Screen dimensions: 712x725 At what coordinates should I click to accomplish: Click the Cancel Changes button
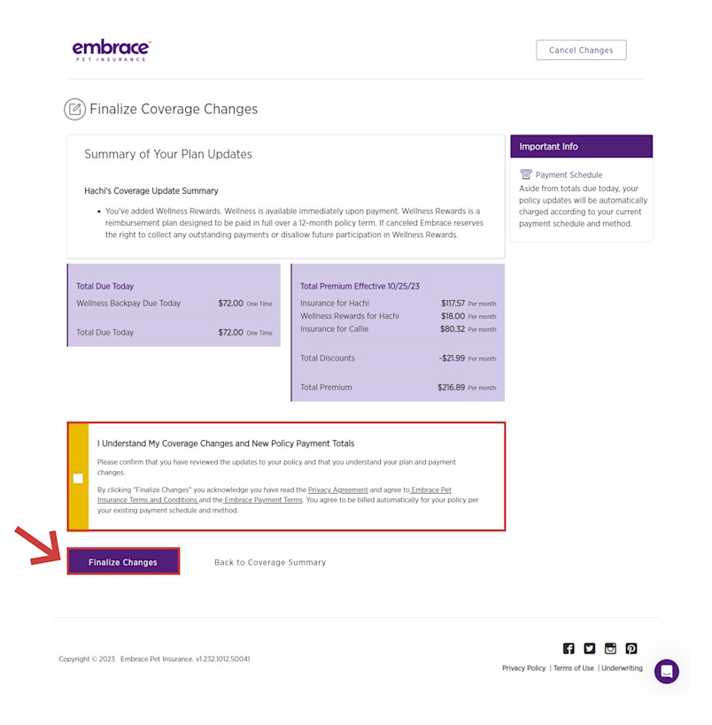[581, 50]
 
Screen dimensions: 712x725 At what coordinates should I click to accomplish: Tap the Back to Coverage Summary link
[270, 562]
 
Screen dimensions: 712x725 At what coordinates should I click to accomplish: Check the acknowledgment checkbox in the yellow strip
[78, 479]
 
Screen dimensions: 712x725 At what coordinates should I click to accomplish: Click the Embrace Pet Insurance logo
[112, 50]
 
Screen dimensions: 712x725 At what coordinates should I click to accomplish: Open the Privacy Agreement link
[337, 490]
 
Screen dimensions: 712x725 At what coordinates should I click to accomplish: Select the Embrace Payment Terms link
[263, 500]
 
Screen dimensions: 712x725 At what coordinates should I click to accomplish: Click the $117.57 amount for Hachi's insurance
[453, 304]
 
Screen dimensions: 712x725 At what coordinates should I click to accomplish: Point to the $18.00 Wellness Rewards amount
[453, 316]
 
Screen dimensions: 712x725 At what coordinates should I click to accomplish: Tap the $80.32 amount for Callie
[453, 329]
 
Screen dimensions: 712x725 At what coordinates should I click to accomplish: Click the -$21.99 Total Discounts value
[452, 359]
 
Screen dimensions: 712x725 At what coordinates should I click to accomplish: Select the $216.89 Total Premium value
[451, 388]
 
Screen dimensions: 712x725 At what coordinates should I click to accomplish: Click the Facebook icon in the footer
[569, 648]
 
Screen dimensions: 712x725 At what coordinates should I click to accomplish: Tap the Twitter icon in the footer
[590, 648]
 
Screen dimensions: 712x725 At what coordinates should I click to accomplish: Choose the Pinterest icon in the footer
[631, 648]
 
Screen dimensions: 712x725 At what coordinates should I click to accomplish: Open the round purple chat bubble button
[667, 671]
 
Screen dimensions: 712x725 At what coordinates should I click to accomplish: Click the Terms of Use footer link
[574, 668]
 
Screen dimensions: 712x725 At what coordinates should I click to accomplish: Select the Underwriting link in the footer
[622, 668]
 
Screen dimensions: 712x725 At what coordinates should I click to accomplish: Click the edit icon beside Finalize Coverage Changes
[75, 109]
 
